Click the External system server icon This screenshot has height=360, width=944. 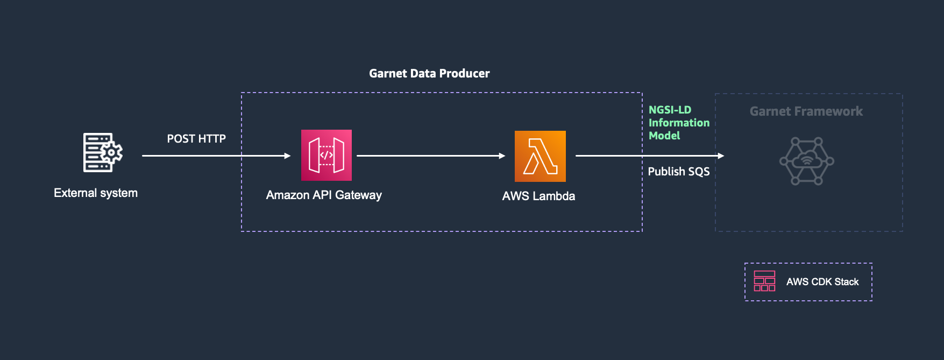click(103, 152)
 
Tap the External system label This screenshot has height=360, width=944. click(96, 193)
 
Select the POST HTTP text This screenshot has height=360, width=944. click(196, 139)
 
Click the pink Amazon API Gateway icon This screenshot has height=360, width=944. click(327, 155)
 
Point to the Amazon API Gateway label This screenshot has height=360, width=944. click(324, 195)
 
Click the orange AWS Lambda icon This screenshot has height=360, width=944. click(540, 156)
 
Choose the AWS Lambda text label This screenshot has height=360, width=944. click(538, 196)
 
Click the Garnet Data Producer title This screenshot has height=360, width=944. click(429, 73)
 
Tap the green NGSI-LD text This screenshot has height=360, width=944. click(670, 110)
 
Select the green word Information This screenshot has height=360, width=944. click(679, 123)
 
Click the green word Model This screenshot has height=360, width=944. click(664, 136)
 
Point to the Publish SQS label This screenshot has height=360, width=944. click(679, 172)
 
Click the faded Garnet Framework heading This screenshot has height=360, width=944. click(806, 111)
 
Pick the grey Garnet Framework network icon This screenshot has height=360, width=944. click(807, 161)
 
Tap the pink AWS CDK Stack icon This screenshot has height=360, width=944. click(764, 281)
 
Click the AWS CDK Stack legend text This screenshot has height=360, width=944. click(822, 281)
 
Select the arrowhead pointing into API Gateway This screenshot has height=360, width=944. click(288, 156)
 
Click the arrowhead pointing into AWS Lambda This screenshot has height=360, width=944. click(502, 156)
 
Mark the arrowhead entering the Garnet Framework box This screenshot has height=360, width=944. click(721, 156)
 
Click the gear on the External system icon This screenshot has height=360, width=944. click(111, 153)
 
